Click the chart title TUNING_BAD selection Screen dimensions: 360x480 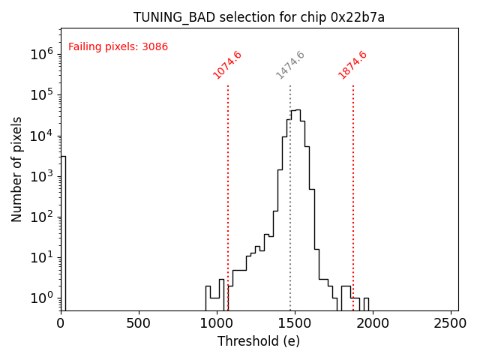pos(259,17)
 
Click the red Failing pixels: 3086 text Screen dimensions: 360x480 pos(118,47)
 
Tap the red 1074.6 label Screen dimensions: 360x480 pos(227,65)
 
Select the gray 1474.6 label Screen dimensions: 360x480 pos(290,65)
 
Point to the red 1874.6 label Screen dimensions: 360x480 pos(352,65)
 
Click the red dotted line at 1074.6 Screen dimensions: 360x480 pos(228,187)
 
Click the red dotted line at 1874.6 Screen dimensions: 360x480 pos(353,187)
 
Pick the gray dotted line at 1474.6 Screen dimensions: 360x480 pos(290,187)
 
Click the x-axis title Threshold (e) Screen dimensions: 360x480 pos(259,341)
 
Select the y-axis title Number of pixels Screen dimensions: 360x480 pos(17,169)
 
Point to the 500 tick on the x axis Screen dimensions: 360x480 pos(139,323)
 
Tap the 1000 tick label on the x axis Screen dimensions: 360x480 pos(217,323)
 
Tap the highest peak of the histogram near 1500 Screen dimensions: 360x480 pos(297,111)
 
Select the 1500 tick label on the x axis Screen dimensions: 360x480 pos(295,323)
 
